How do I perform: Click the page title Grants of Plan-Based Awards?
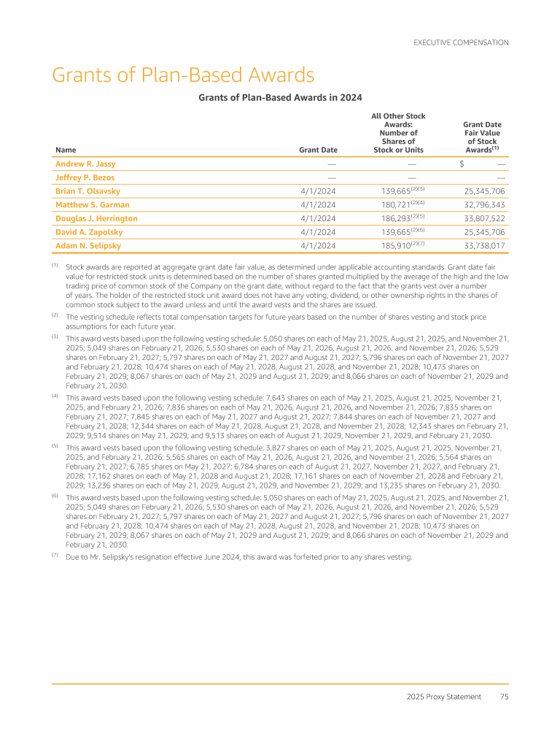click(x=183, y=75)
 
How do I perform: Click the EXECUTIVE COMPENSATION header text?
click(x=461, y=42)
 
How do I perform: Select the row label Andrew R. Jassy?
click(x=85, y=164)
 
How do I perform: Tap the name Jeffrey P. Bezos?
click(x=85, y=177)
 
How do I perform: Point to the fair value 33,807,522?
click(x=479, y=218)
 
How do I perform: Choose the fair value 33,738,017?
click(x=479, y=246)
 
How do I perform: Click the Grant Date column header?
click(x=318, y=150)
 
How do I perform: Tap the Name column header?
click(x=65, y=150)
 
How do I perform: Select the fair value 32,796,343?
click(x=479, y=205)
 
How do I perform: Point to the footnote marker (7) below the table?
click(x=55, y=556)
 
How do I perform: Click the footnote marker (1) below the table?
click(x=55, y=265)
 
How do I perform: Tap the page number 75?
click(x=504, y=696)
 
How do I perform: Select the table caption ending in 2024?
click(x=280, y=97)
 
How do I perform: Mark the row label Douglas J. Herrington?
click(x=96, y=218)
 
